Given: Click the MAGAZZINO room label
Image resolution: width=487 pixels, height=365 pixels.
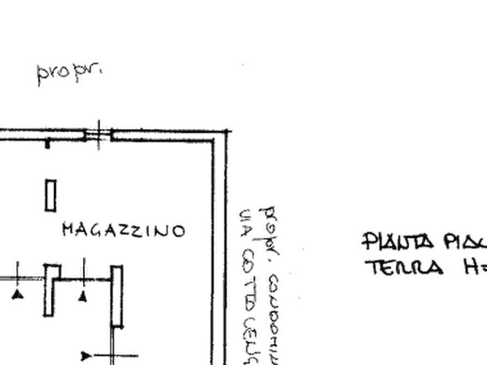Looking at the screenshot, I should (121, 231).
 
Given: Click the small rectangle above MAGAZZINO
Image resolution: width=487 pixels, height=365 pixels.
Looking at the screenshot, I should (51, 195).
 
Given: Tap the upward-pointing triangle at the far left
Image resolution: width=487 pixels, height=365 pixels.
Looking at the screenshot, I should (18, 295).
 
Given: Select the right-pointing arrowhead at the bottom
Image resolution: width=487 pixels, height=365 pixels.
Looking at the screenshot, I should (86, 356).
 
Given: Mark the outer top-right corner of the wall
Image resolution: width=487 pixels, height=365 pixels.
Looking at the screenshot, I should (229, 131).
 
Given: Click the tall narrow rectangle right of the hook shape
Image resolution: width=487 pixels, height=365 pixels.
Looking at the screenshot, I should (117, 294).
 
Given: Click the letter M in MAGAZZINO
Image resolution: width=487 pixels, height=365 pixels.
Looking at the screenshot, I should (66, 230).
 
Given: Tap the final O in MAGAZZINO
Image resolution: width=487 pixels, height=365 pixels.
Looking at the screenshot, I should (178, 232).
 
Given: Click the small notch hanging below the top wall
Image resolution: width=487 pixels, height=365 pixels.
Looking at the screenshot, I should (48, 144).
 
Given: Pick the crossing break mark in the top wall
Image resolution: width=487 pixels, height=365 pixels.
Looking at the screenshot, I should (99, 134).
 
